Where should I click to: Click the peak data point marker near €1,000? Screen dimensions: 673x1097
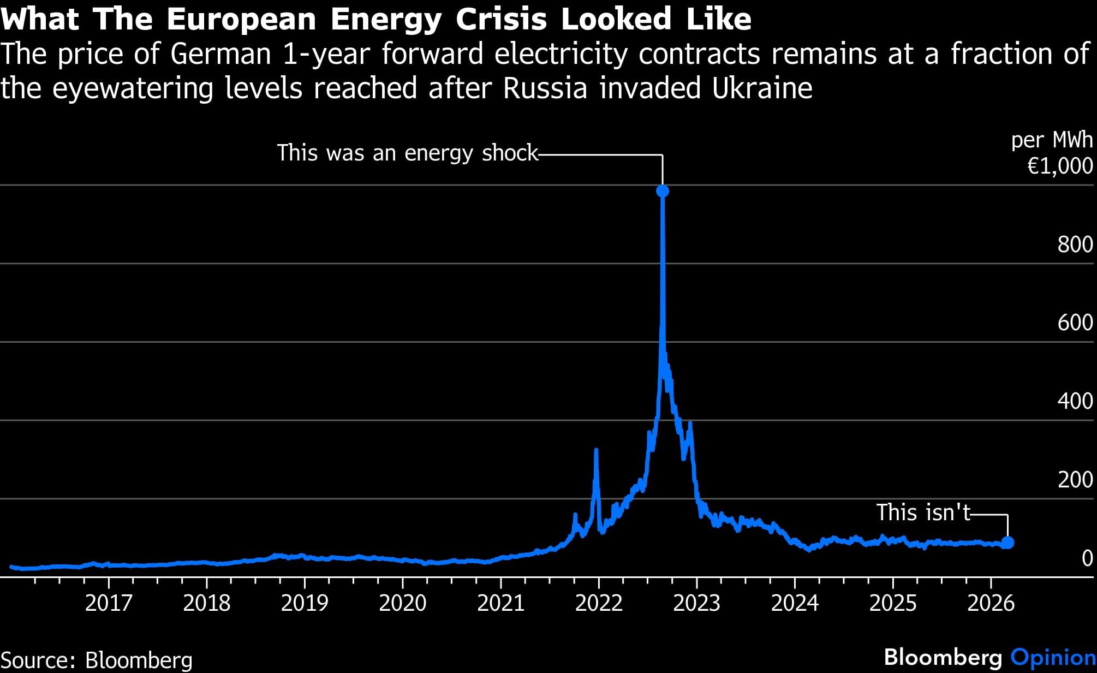(662, 191)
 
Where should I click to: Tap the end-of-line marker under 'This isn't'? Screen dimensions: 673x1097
(1007, 543)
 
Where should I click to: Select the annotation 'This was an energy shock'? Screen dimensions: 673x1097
(407, 153)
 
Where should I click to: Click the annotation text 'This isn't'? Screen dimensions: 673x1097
(923, 513)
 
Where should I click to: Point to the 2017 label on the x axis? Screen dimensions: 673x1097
(109, 603)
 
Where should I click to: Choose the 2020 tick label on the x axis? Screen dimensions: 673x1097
(402, 603)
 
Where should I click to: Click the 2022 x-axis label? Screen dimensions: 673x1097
(599, 603)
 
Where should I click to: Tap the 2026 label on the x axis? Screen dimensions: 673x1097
(991, 603)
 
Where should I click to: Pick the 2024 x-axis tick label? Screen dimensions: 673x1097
(795, 603)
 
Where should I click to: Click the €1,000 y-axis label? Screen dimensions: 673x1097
(1060, 166)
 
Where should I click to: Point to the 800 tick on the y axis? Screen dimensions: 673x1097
(1075, 245)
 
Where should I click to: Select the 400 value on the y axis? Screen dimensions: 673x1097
(1075, 401)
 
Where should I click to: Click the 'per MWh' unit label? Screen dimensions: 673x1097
(1052, 140)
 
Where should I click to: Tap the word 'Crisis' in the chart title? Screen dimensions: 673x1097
(501, 19)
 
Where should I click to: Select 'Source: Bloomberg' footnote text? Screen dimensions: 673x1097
(97, 660)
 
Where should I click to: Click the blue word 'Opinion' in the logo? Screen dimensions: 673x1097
(1053, 657)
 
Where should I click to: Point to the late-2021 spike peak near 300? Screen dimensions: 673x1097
(596, 451)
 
